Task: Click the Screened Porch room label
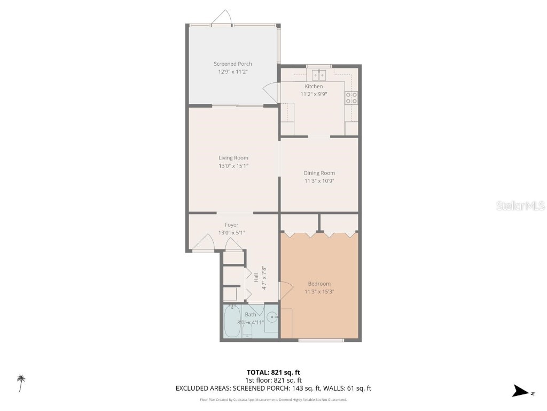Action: pyautogui.click(x=233, y=64)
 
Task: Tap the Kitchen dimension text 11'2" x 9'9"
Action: pyautogui.click(x=314, y=94)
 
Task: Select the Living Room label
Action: pyautogui.click(x=233, y=158)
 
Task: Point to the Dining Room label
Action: pyautogui.click(x=319, y=173)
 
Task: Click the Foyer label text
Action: pyautogui.click(x=231, y=225)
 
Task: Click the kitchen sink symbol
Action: pyautogui.click(x=319, y=74)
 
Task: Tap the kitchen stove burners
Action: pyautogui.click(x=351, y=97)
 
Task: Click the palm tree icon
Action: pyautogui.click(x=21, y=383)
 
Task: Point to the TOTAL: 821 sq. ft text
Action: pyautogui.click(x=277, y=372)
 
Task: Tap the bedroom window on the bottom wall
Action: pyautogui.click(x=321, y=340)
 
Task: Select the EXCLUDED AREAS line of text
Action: pyautogui.click(x=273, y=389)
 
